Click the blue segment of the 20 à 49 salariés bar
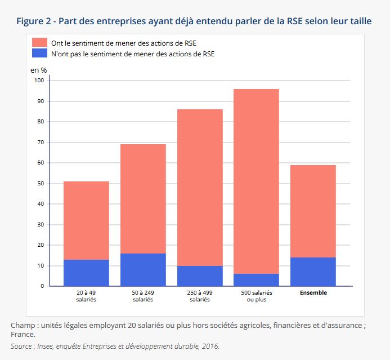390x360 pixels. [x=86, y=273]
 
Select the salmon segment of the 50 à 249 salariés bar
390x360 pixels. [x=143, y=199]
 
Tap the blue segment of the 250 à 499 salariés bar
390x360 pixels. [x=200, y=276]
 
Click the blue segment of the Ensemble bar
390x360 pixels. [x=313, y=272]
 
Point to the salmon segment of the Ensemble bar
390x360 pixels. [x=313, y=211]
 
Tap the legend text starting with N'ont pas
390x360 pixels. [x=133, y=54]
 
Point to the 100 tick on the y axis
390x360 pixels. [x=39, y=81]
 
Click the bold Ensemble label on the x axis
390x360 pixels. [x=313, y=293]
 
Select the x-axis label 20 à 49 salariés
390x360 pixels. [x=86, y=296]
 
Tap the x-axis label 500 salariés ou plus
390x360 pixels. [x=256, y=296]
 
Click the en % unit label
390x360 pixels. [x=38, y=70]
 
